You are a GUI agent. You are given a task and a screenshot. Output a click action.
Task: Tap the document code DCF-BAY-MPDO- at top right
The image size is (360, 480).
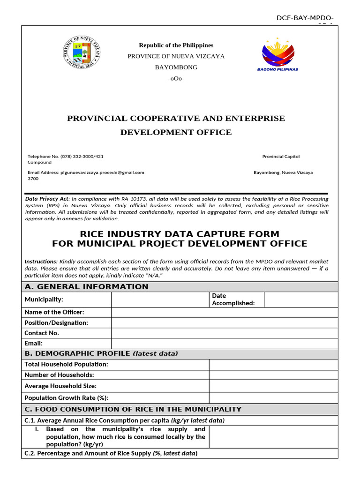click(x=305, y=18)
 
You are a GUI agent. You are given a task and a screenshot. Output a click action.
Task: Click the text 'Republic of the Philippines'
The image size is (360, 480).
click(x=176, y=45)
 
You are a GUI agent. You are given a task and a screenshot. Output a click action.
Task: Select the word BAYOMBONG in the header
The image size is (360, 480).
click(x=176, y=67)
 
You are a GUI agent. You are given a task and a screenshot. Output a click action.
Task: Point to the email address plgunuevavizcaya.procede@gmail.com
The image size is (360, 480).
click(x=103, y=172)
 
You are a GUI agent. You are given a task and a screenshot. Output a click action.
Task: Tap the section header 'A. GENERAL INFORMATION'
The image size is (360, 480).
click(x=86, y=287)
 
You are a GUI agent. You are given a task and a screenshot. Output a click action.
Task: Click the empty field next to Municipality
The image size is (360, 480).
click(x=160, y=300)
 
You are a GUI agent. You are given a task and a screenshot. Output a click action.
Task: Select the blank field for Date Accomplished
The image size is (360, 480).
click(x=300, y=300)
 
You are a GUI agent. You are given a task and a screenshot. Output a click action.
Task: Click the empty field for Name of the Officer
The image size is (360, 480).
click(x=224, y=312)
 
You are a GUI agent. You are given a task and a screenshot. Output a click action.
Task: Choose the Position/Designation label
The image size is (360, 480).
click(x=56, y=322)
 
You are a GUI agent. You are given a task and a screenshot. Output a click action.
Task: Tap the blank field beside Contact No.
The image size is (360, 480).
click(x=224, y=333)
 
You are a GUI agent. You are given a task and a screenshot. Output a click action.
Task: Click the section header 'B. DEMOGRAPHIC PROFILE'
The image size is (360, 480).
click(x=101, y=353)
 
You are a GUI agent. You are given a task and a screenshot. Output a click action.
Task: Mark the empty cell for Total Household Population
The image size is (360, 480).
click(x=273, y=364)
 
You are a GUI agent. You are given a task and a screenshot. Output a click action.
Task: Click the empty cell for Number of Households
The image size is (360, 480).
click(x=273, y=375)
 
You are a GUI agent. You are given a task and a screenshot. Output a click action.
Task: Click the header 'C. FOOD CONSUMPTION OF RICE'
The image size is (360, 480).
click(x=133, y=409)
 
